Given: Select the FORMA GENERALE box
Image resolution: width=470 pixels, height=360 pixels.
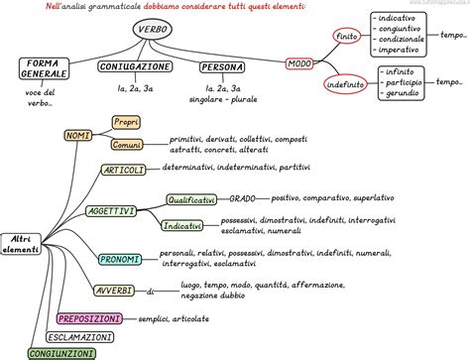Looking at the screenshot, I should [45, 68].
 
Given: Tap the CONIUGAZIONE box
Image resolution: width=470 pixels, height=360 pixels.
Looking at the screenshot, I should [132, 66].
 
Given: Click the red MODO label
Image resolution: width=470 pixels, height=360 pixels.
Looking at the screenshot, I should [298, 64].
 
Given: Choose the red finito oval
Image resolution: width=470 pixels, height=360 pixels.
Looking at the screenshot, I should [346, 36].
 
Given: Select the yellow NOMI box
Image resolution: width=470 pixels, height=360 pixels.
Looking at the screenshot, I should [76, 134].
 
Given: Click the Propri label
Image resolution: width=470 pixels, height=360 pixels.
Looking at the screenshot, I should [126, 121].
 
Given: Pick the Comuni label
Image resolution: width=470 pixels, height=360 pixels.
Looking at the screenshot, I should [126, 145].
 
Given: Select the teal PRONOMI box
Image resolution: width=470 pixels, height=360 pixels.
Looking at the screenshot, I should [120, 259].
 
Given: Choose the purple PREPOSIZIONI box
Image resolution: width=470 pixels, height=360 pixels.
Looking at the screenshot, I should [89, 318].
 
